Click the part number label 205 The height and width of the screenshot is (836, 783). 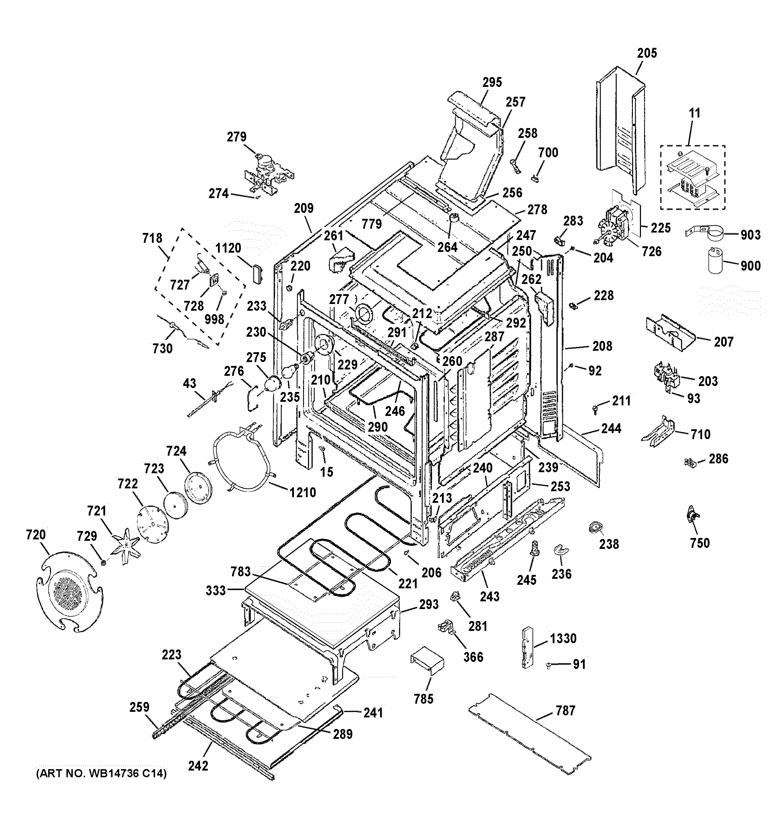click(x=647, y=53)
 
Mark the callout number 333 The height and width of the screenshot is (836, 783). click(x=216, y=590)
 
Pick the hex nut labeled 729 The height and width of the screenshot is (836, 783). click(x=103, y=562)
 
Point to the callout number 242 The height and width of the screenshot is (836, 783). click(x=198, y=766)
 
